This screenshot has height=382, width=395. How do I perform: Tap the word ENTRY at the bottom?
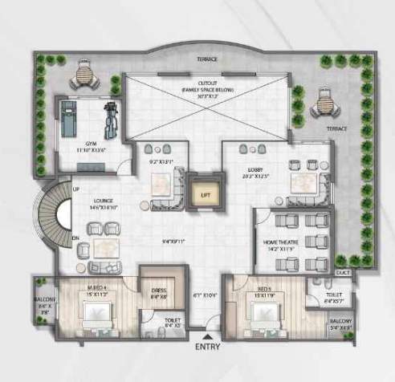(208, 347)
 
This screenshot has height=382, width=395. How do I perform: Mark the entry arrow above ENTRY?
(208, 337)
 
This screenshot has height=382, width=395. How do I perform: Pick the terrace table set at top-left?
(84, 75)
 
